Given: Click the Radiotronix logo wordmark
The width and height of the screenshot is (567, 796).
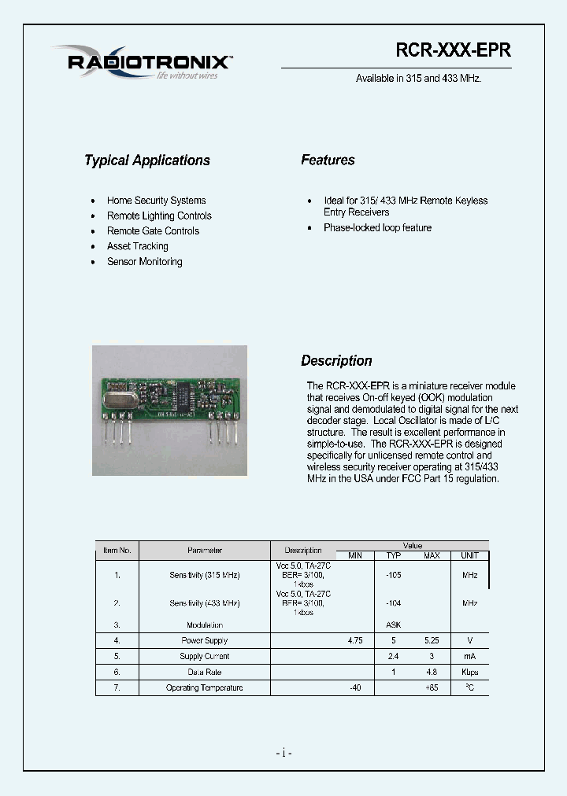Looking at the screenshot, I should [x=149, y=62].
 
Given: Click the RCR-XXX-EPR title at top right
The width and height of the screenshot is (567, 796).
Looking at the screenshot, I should [x=452, y=50].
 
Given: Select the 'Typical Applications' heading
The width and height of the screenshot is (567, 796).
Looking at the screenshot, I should [x=147, y=160].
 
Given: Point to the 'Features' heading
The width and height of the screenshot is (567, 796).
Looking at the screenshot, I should [x=328, y=160].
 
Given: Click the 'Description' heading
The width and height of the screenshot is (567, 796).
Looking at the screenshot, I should [x=336, y=361].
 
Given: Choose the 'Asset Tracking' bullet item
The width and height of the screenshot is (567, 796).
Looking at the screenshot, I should [x=138, y=246].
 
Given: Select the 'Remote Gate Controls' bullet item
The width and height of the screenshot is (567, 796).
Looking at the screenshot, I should [x=153, y=231].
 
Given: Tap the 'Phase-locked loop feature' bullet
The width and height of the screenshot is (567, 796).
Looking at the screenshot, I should [x=377, y=228].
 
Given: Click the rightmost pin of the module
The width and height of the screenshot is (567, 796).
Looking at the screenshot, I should [x=235, y=433].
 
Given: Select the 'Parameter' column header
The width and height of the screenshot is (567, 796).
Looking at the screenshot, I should [x=205, y=551].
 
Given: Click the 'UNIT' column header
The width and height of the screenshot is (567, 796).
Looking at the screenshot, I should [x=469, y=556].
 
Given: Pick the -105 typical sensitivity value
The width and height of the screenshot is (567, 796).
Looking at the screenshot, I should [x=393, y=575].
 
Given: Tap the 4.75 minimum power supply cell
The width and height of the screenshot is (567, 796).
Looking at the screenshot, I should [x=355, y=641].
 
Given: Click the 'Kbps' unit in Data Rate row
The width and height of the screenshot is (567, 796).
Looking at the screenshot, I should [x=469, y=673].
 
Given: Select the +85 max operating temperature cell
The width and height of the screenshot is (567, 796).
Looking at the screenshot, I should [x=432, y=688].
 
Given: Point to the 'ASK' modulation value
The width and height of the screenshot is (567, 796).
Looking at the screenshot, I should [x=393, y=625].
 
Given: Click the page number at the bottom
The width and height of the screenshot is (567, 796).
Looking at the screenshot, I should [x=283, y=754].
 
